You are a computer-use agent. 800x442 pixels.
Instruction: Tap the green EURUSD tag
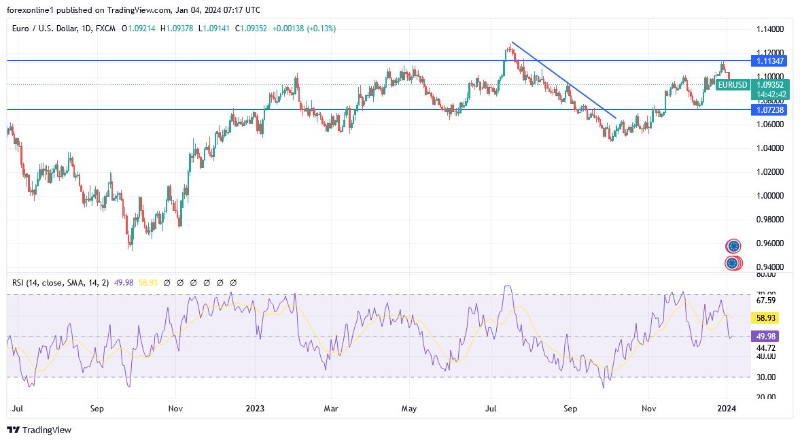(x=732, y=85)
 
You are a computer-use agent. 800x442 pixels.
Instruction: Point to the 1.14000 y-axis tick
(x=770, y=29)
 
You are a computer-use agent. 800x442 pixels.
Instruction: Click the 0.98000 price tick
(x=770, y=220)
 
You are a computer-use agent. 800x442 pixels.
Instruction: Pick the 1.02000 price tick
(x=770, y=172)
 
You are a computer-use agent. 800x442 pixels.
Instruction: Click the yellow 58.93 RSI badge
(x=766, y=318)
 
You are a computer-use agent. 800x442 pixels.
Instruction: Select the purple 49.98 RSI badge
(x=766, y=335)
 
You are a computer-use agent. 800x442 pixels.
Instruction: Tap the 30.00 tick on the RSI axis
(x=765, y=377)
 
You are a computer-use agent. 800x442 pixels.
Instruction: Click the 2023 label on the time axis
(x=256, y=409)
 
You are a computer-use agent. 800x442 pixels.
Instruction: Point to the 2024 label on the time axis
(x=727, y=409)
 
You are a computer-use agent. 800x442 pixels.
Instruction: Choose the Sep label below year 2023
(x=571, y=409)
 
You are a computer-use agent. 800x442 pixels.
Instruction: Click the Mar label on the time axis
(x=331, y=409)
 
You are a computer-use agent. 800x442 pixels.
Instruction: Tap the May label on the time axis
(x=408, y=409)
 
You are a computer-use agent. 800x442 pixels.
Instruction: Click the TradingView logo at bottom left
(x=39, y=430)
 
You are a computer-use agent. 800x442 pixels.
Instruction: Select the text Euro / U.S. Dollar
(x=46, y=29)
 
